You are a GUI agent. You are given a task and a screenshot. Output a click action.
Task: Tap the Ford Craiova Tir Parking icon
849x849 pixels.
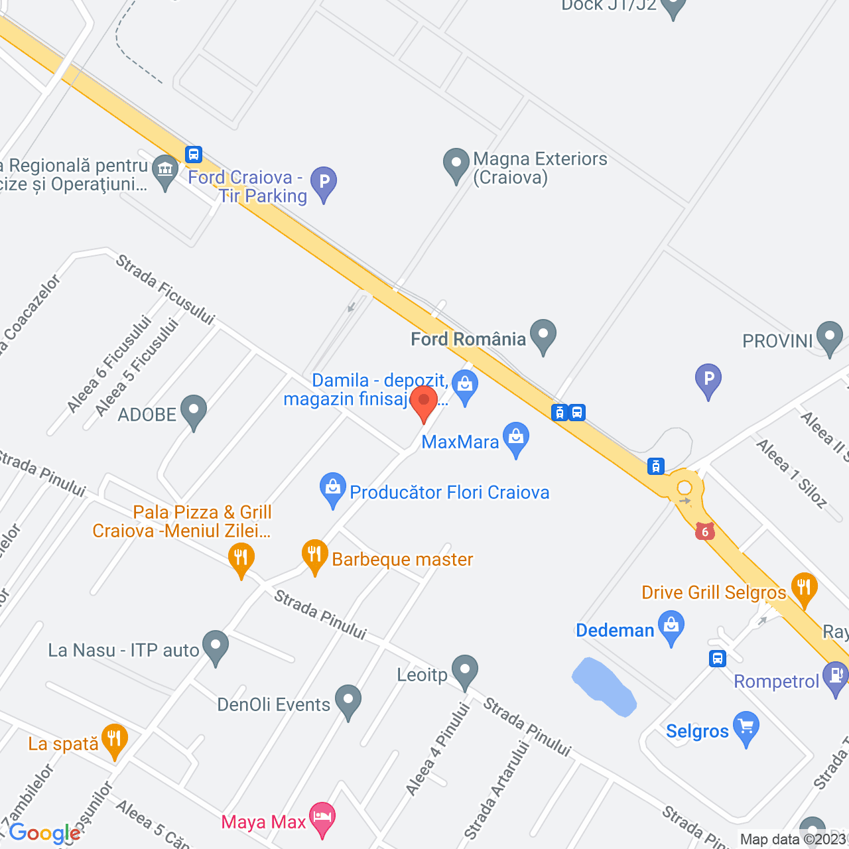click(x=324, y=182)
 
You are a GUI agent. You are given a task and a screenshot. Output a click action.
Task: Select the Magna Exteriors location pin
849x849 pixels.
click(x=456, y=164)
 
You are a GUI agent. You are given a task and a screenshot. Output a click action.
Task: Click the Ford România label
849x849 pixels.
click(x=468, y=340)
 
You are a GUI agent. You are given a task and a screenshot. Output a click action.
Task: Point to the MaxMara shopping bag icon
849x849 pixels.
click(x=515, y=438)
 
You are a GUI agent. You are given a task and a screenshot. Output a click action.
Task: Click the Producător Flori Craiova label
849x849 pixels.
click(x=449, y=493)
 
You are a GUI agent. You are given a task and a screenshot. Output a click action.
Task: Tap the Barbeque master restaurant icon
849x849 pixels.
click(x=314, y=555)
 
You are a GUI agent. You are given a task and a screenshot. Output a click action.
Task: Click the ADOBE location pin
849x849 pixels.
click(x=193, y=411)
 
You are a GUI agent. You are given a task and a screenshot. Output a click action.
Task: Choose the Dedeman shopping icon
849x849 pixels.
click(x=671, y=626)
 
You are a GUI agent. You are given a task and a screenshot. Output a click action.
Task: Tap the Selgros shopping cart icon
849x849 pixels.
click(x=746, y=728)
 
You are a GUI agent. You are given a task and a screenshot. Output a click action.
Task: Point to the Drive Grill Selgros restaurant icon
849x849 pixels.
click(x=804, y=588)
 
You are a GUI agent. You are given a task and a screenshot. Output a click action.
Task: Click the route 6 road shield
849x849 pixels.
click(x=705, y=531)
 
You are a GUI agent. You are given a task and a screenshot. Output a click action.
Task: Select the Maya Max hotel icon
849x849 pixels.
click(x=322, y=818)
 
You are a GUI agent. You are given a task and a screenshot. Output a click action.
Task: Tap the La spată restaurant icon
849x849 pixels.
click(x=114, y=740)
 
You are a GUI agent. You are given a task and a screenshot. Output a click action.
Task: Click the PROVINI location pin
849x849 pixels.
click(x=829, y=336)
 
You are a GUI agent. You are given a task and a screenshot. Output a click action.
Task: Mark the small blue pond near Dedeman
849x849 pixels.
click(x=603, y=687)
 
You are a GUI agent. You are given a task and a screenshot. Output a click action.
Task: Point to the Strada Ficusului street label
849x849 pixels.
click(x=165, y=290)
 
